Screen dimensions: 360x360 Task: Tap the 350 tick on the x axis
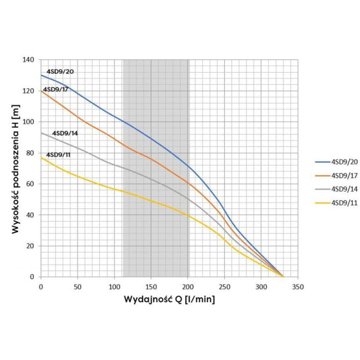point(298,286)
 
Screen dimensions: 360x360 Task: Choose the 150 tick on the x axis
point(151,286)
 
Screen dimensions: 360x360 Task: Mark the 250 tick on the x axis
point(225,286)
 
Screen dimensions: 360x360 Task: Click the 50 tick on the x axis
point(77,286)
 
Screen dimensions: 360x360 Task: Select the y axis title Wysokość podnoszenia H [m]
point(16,168)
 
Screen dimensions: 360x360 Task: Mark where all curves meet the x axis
point(283,277)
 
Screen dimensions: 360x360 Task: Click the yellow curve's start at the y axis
point(41,157)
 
